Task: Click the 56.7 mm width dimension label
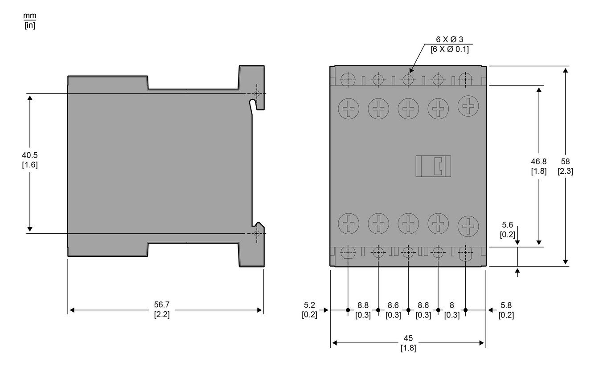(x=162, y=309)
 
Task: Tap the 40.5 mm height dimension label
(x=29, y=160)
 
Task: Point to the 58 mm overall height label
(x=565, y=166)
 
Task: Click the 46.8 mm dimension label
(x=538, y=166)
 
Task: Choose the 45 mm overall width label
(x=408, y=343)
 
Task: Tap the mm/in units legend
(x=29, y=20)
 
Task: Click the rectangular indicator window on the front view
(x=433, y=166)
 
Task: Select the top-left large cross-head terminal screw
(x=348, y=108)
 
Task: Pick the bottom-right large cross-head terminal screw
(x=468, y=225)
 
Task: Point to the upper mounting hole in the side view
(x=256, y=94)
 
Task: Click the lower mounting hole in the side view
(x=256, y=233)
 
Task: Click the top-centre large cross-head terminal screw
(x=408, y=108)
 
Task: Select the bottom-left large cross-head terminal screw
(x=348, y=222)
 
